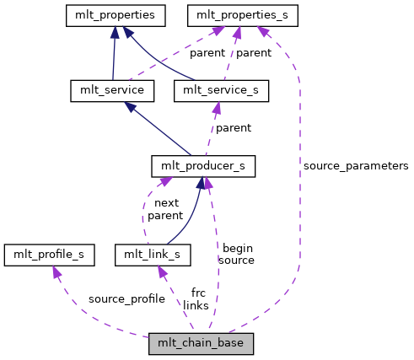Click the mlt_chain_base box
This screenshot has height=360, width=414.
point(201,343)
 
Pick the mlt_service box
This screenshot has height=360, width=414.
point(105,89)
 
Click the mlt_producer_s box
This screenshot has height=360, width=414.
point(202,165)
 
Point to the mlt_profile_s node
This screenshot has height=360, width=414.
point(49,253)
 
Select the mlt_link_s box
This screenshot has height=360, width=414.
point(152,253)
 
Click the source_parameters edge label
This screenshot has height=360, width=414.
point(355,166)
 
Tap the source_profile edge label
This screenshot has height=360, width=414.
point(126,298)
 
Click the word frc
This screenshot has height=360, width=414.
point(198,293)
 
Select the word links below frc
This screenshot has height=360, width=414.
point(196,304)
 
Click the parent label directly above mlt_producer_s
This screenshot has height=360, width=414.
point(233,128)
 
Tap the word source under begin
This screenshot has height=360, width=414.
point(236,260)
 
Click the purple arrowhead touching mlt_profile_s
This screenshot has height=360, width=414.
point(56,271)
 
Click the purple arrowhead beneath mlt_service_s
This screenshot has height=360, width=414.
point(217,107)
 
